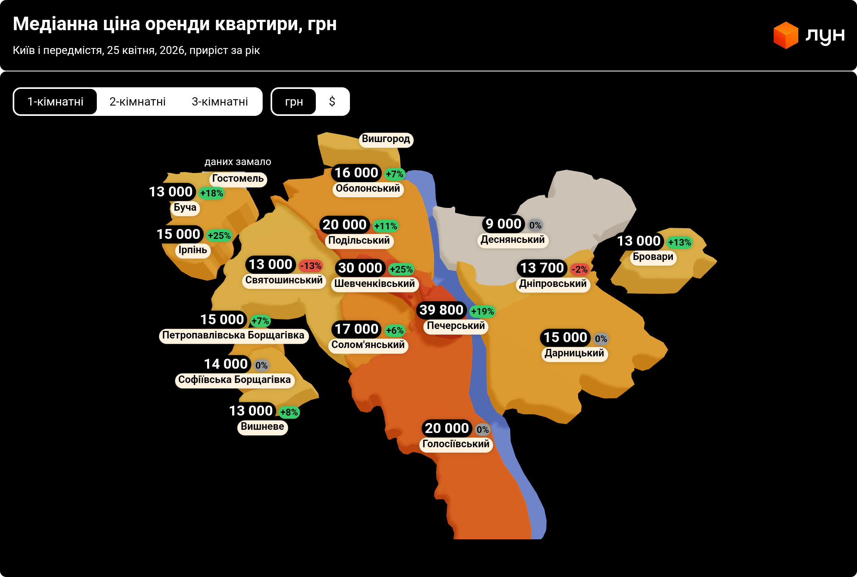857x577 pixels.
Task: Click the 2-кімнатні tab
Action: tap(137, 102)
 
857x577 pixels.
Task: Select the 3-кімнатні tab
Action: tap(220, 102)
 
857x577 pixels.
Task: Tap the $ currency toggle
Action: tap(332, 102)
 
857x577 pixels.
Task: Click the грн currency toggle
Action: tap(294, 102)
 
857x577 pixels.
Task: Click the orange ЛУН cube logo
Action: tap(786, 35)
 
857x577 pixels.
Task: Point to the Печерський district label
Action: tap(456, 326)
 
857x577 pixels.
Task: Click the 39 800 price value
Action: tap(441, 310)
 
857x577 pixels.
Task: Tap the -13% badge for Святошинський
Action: tap(311, 266)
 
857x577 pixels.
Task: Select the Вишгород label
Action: tap(386, 139)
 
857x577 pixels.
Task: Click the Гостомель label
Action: tap(238, 179)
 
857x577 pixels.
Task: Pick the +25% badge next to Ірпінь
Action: tap(219, 236)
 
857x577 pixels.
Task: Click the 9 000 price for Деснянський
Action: tap(503, 224)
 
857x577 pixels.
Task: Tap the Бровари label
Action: tap(653, 257)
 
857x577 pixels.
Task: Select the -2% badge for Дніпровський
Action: tap(579, 269)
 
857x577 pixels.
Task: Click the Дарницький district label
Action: tap(574, 353)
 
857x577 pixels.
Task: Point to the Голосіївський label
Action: tap(456, 444)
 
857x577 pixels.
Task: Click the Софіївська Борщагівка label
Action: tap(234, 380)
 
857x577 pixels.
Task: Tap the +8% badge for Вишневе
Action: tap(289, 412)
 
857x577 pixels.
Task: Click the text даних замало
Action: tap(238, 162)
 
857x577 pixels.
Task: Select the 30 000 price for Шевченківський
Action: tap(360, 268)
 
